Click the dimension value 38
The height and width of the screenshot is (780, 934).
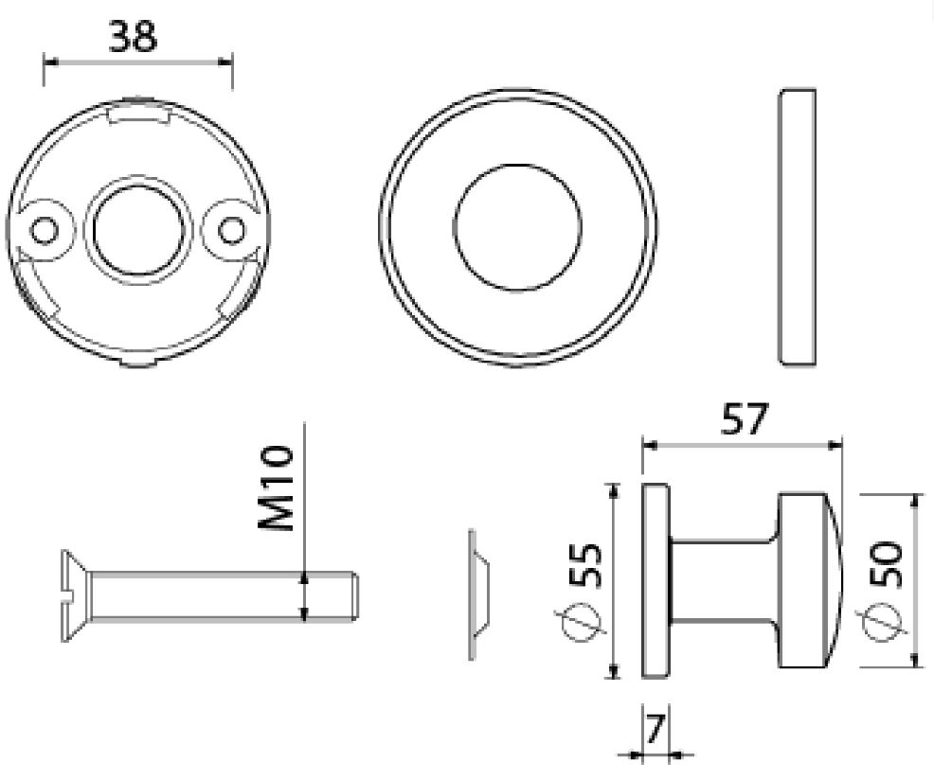(x=134, y=37)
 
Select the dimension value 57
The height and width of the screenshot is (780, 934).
(x=745, y=419)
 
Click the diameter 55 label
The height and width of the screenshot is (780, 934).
(x=586, y=565)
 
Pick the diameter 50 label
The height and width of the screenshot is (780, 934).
(x=887, y=564)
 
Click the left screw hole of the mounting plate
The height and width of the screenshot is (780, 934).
(x=45, y=230)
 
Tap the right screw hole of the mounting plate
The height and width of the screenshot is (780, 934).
(x=231, y=230)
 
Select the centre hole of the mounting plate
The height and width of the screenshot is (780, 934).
(x=137, y=230)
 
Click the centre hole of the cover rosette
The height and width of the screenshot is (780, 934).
(x=517, y=228)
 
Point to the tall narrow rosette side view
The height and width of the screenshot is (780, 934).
(x=797, y=227)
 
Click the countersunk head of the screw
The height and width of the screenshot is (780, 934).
(x=75, y=596)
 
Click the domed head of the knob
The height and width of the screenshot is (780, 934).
(x=810, y=580)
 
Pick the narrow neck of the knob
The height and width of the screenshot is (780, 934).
(x=724, y=580)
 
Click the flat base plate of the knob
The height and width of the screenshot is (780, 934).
(x=656, y=580)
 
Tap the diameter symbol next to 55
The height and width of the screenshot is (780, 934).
(x=579, y=623)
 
